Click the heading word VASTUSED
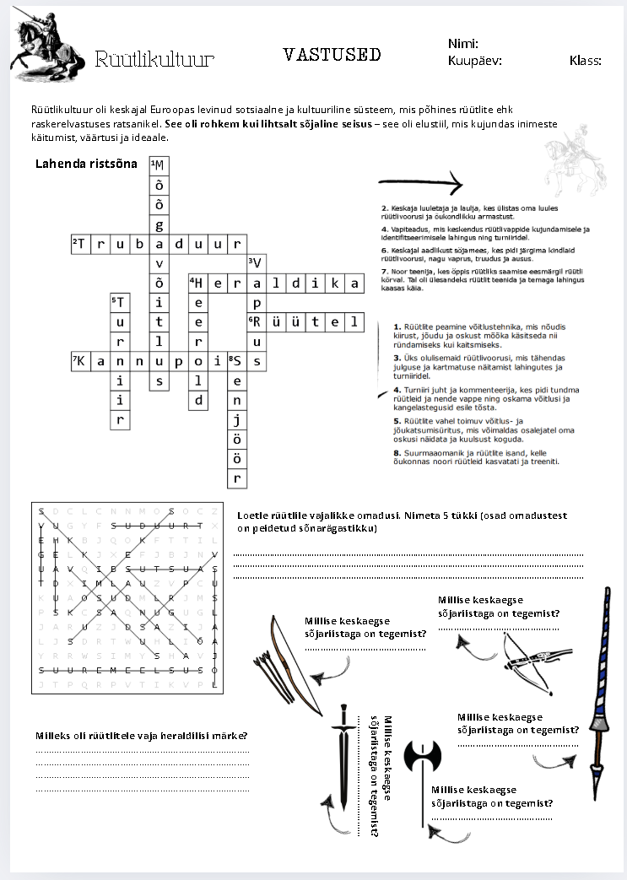332,55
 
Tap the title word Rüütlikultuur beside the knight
154,59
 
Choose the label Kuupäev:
475,61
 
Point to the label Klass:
585,61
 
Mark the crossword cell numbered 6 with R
257,322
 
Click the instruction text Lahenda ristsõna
86,164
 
